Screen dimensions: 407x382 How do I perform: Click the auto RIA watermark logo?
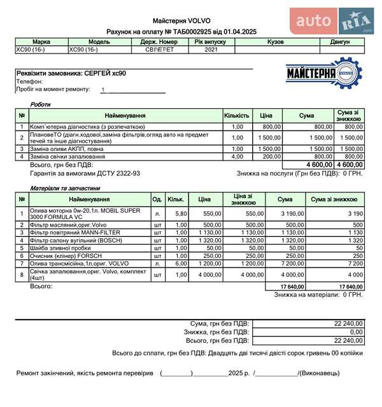[x=334, y=22]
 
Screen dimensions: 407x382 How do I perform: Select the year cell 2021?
[x=211, y=49]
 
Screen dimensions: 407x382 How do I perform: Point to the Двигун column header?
[x=339, y=41]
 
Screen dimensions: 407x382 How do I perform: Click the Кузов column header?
[x=275, y=41]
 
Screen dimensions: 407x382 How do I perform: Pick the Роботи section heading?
[x=40, y=104]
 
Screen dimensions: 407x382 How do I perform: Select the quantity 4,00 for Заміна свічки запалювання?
[x=237, y=156]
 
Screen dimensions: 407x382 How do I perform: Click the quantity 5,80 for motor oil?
[x=181, y=213]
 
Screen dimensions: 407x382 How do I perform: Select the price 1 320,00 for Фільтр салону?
[x=205, y=240]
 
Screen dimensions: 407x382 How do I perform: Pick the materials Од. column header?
[x=157, y=199]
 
